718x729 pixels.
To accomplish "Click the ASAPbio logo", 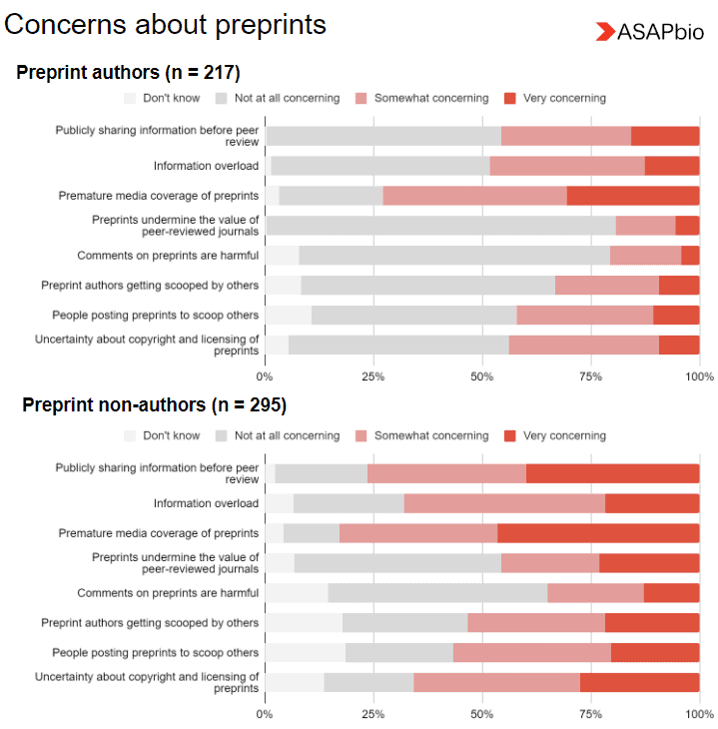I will pos(649,32).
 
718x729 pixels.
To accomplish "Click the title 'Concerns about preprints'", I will pos(166,25).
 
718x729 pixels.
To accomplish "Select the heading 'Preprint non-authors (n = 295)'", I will pos(154,405).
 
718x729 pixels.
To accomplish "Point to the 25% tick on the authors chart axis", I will pos(373,376).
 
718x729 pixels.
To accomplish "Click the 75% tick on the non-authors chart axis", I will pos(590,714).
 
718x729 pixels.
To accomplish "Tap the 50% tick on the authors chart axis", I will pos(482,376).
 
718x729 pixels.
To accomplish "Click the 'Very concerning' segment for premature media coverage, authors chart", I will pos(633,196).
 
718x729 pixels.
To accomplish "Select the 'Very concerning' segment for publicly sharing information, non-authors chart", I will pos(612,473).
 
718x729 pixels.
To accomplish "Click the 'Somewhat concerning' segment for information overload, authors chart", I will pos(567,166).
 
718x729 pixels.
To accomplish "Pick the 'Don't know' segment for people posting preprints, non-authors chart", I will pos(305,653).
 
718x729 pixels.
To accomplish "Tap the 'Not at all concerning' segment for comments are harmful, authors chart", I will pos(454,256).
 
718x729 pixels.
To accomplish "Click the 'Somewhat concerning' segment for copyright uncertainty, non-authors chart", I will pos(496,683).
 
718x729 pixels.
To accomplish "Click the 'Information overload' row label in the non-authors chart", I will pos(206,503).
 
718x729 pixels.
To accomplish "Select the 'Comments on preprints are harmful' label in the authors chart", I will pos(168,256).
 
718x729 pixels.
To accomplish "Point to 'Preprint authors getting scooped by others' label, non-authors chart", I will pos(150,623).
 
